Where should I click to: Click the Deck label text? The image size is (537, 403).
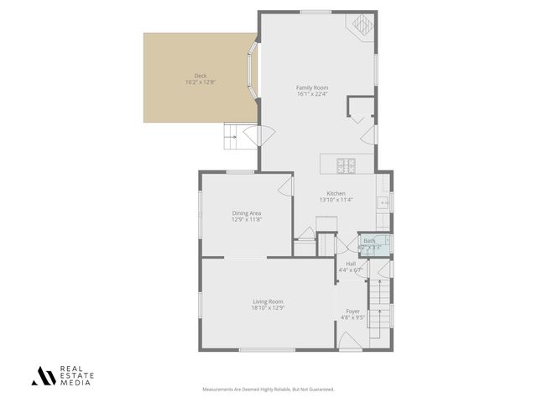[x=201, y=76]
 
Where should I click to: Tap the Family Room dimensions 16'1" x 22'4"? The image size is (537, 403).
[x=311, y=94]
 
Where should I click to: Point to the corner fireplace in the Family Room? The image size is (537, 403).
[x=362, y=24]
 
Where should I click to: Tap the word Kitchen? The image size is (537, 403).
[x=336, y=193]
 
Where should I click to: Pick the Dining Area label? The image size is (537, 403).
[x=247, y=213]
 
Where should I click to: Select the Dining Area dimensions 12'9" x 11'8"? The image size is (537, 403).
[x=247, y=220]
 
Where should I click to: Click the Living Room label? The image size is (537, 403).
[x=268, y=301]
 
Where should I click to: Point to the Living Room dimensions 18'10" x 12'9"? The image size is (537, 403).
[x=268, y=308]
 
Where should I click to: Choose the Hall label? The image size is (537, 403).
[x=351, y=264]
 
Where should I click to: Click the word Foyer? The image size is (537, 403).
[x=353, y=311]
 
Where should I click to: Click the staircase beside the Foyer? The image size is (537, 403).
[x=382, y=306]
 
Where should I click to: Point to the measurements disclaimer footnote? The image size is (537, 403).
[x=268, y=390]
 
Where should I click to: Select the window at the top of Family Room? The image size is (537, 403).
[x=315, y=12]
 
